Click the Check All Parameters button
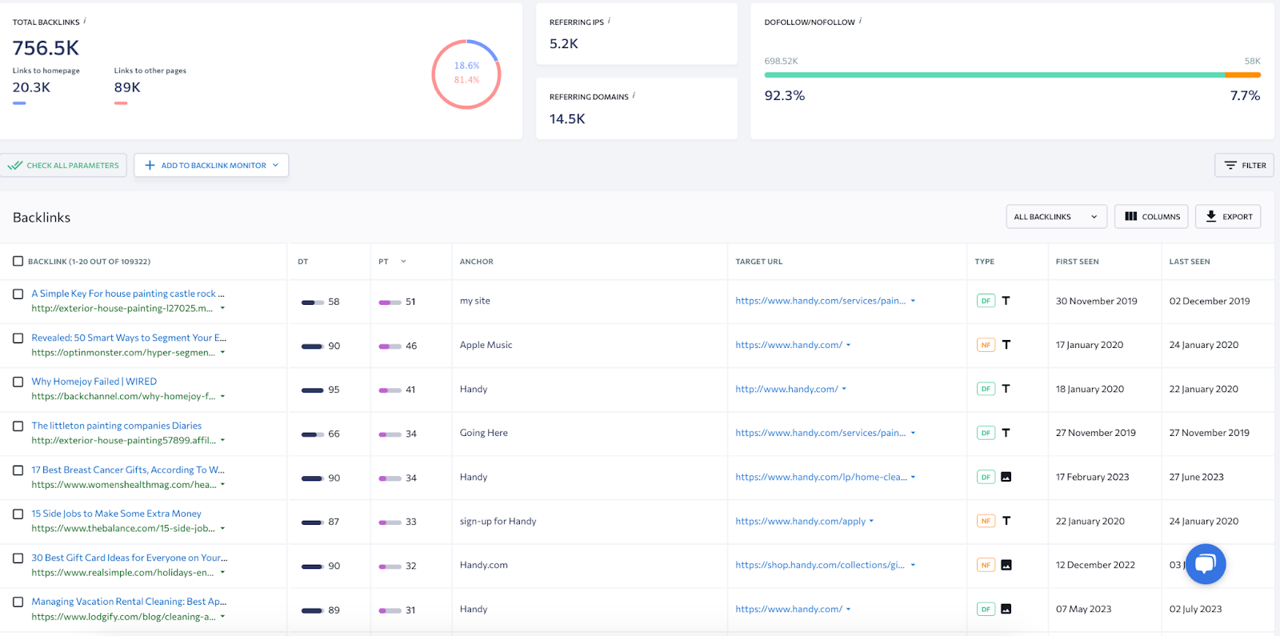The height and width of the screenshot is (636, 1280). coord(64,166)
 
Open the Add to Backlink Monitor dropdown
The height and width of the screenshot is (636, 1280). coord(211,166)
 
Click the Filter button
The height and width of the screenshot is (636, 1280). coord(1244,166)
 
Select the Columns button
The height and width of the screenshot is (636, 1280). coord(1151,217)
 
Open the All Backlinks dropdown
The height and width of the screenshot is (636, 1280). coord(1056,217)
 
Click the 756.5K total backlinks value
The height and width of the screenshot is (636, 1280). coord(46,49)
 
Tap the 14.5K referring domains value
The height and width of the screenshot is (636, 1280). coord(567,119)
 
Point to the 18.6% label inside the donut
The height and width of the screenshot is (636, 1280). coord(466,66)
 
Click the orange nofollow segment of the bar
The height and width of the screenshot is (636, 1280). coord(1242,75)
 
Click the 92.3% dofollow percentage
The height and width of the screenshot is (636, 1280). coord(784,96)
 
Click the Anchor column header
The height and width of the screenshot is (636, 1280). coord(476,262)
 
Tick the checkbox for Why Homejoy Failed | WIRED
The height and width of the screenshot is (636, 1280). coord(18,382)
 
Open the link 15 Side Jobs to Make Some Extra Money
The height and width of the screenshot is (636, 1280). coord(116,514)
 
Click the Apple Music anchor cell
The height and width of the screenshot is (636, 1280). coord(486,345)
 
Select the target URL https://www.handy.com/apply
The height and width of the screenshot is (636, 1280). coord(800,521)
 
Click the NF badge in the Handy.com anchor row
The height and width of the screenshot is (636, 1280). coord(986,565)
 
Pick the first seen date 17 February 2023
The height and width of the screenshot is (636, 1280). coord(1092,477)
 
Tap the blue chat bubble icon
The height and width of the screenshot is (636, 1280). coord(1206,564)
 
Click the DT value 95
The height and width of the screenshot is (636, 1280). coord(334,390)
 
